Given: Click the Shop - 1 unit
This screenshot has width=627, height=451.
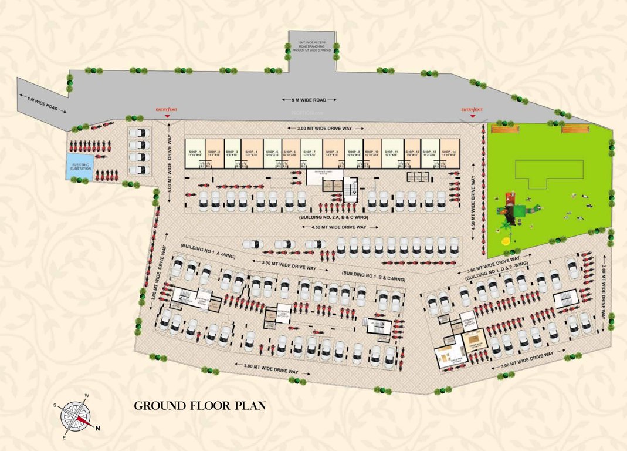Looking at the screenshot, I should pos(195,154).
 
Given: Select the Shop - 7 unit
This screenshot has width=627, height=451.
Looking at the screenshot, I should pos(310,154).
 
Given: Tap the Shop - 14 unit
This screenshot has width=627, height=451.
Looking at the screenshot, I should pos(449,154).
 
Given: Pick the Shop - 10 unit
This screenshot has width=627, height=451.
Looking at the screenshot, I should pos(372,154).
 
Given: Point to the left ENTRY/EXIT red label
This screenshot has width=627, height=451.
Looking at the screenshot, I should pos(167,110).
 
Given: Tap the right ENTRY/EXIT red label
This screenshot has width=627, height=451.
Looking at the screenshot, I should pos(472,110).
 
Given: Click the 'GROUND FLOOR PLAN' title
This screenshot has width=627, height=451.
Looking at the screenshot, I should pos(200,406).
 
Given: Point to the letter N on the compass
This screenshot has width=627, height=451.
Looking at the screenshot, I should pos(98,428).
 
